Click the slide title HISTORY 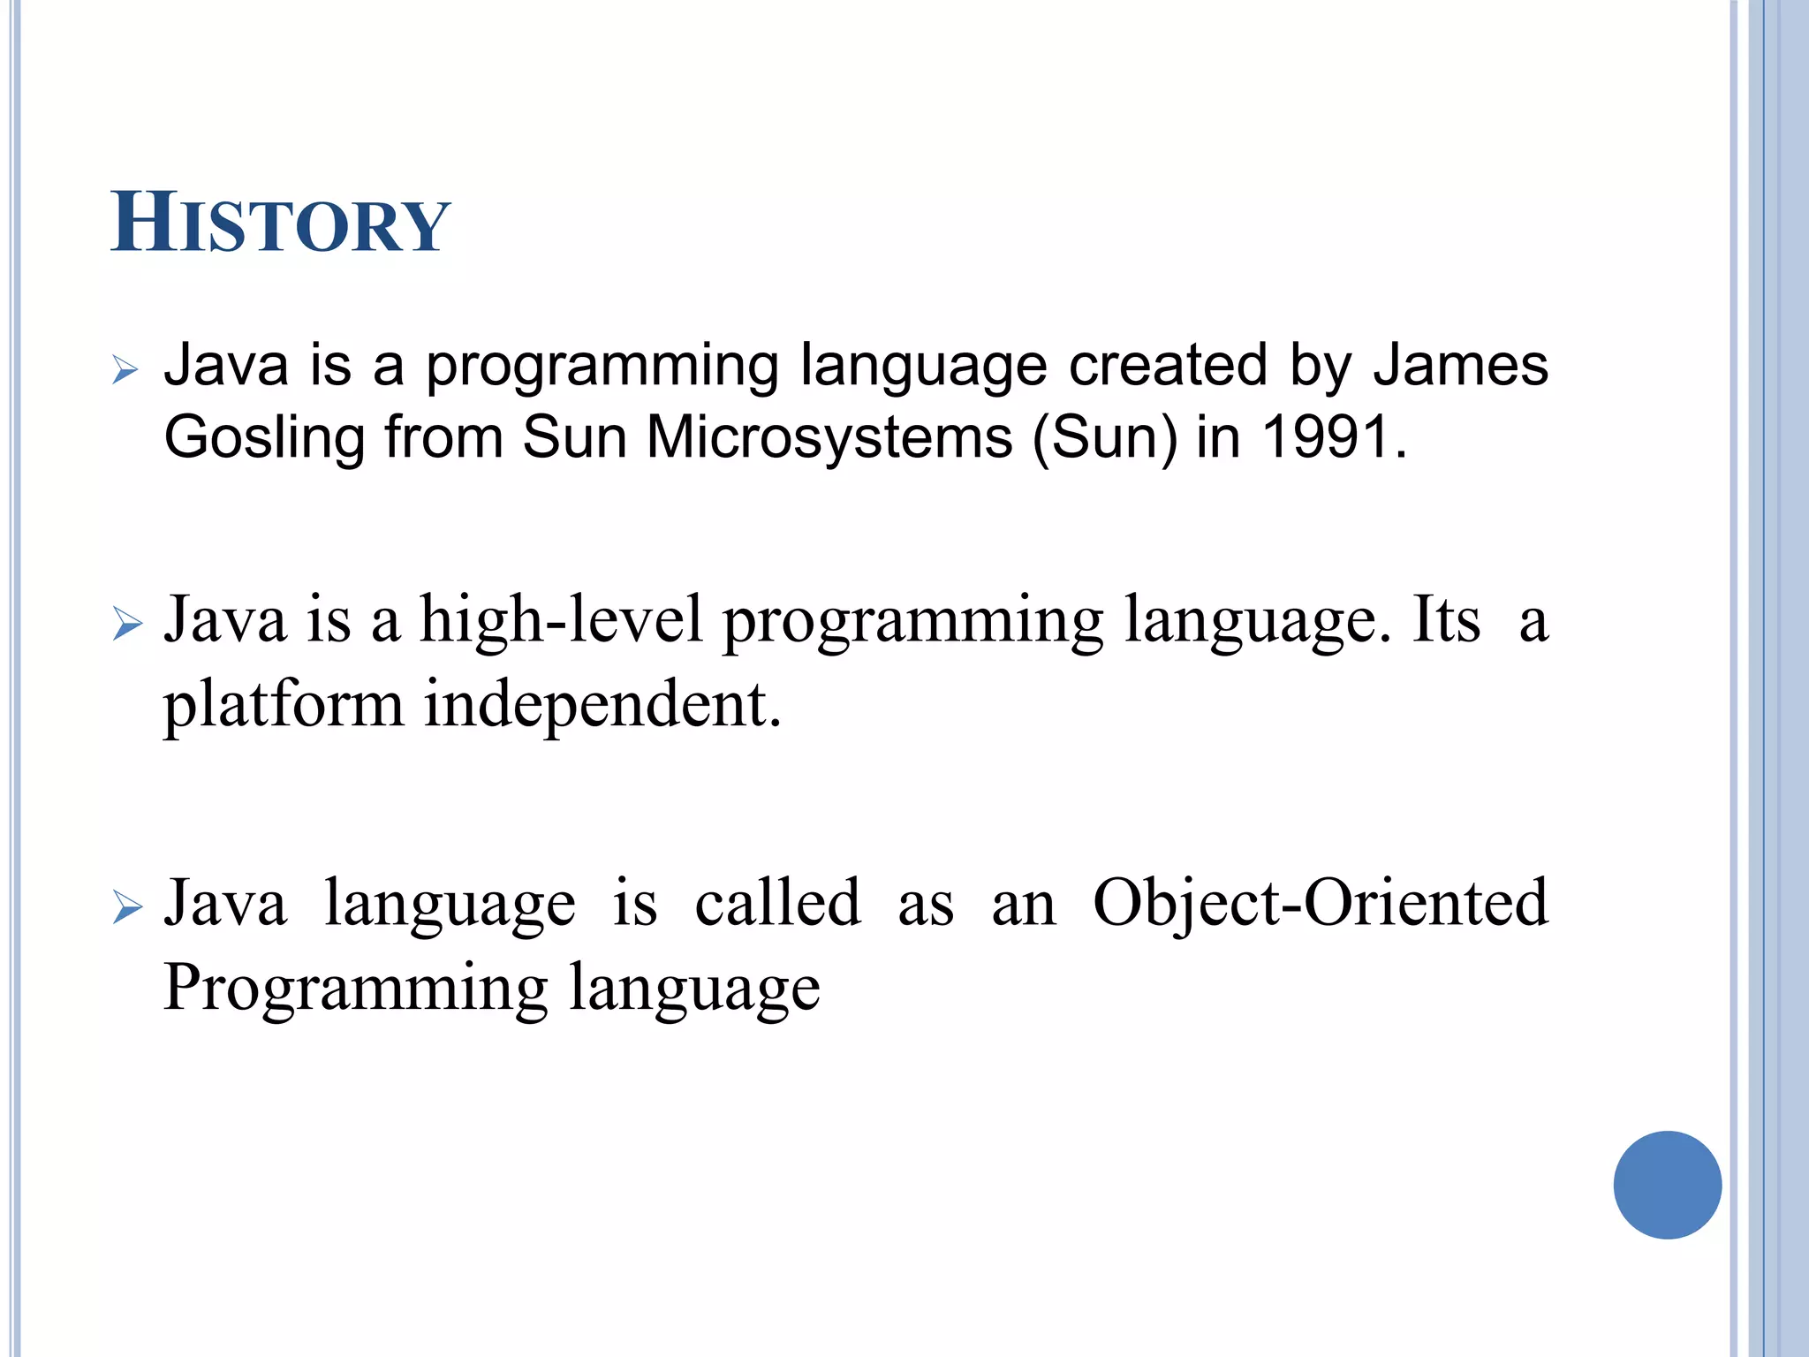[280, 224]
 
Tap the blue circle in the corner [1667, 1185]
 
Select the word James [1460, 365]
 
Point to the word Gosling [264, 439]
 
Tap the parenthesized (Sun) [1104, 438]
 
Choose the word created [1168, 365]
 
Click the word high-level [561, 621]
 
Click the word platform [283, 706]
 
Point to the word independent [602, 704]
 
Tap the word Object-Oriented [1321, 904]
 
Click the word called [777, 903]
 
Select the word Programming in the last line [356, 988]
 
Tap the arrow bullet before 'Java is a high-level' [127, 625]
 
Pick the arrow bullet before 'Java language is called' [127, 908]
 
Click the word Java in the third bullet [225, 903]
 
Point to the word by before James [1320, 367]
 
